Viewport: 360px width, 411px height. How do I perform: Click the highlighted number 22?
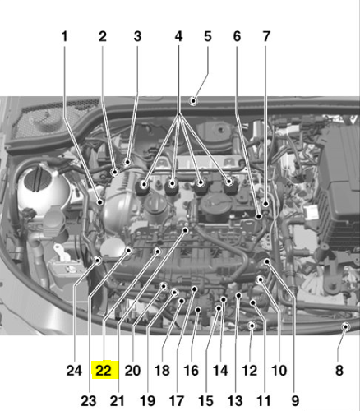click(104, 371)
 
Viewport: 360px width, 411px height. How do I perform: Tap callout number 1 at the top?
click(64, 36)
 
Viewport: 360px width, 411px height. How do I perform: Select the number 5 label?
click(208, 36)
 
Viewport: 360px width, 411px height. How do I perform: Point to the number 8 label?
click(339, 371)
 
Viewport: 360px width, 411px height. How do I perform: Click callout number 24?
click(74, 371)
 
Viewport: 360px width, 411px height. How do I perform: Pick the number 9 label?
click(295, 401)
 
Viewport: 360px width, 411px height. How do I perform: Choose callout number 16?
click(191, 371)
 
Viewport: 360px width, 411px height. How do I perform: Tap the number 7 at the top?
click(266, 36)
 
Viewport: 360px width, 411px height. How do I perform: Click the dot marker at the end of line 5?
click(193, 101)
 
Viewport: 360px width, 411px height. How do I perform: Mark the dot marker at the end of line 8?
click(346, 326)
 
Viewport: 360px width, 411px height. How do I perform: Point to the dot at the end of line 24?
click(98, 261)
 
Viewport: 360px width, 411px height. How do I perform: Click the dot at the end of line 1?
click(100, 202)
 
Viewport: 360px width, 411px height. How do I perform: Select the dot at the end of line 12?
click(252, 326)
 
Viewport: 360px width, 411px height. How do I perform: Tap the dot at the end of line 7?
click(265, 204)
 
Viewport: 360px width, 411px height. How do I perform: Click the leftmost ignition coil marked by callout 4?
click(143, 187)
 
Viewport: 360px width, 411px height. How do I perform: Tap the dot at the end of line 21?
click(186, 230)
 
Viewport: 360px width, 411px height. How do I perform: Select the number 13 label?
click(235, 401)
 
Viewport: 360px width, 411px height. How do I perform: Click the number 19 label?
click(148, 401)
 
